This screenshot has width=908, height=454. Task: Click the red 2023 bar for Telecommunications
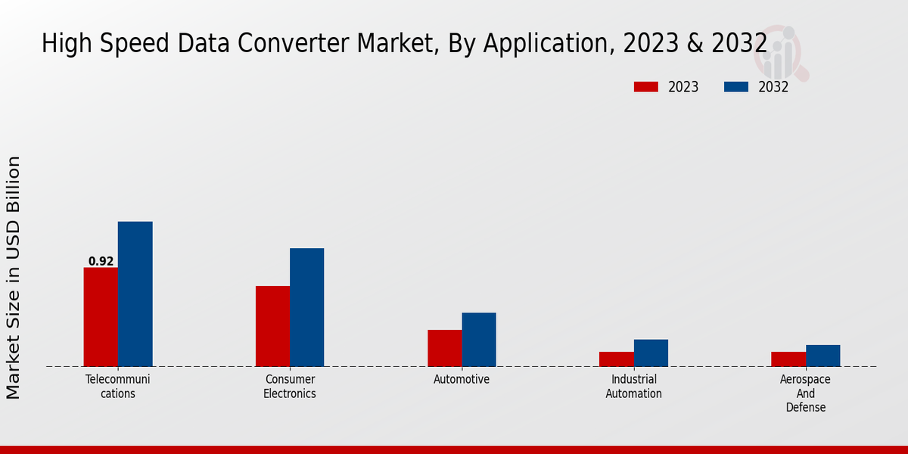[x=101, y=317]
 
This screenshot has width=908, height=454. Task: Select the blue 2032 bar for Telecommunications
[x=135, y=294]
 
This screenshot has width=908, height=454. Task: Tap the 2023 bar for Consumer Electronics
[x=272, y=326]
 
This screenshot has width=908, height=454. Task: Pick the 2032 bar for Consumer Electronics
[x=306, y=307]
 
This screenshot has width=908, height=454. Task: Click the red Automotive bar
[x=444, y=348]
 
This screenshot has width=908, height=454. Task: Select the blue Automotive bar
[x=479, y=340]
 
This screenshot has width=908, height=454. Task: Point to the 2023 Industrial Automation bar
[x=617, y=359]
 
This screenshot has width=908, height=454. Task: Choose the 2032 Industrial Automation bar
[x=651, y=353]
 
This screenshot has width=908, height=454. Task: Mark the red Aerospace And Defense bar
[x=788, y=359]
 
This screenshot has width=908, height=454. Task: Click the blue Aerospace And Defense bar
[x=822, y=356]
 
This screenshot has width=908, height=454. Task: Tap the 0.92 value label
[x=101, y=262]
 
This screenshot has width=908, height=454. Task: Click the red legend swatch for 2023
[x=645, y=87]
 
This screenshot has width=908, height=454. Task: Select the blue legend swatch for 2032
[x=735, y=87]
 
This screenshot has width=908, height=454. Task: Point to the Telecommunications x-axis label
[x=118, y=386]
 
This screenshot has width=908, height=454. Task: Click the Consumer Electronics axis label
[x=290, y=386]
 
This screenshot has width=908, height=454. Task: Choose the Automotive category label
[x=462, y=379]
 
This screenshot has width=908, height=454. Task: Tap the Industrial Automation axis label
[x=634, y=386]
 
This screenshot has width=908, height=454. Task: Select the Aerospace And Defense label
[x=806, y=393]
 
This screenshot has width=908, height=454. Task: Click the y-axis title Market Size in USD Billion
[x=14, y=277]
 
